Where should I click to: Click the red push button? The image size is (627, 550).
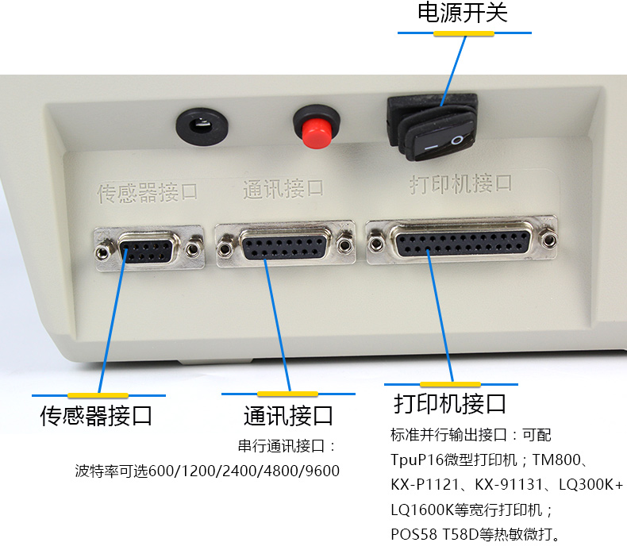coord(315,129)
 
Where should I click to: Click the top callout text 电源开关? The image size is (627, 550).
coord(463,13)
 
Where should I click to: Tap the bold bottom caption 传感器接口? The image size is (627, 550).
coord(97,416)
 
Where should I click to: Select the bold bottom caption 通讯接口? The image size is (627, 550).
coord(288,415)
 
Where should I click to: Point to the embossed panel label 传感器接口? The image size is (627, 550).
coord(147,191)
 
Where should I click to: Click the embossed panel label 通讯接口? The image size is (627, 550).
coord(283,189)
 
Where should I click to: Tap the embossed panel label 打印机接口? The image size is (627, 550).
coord(460,185)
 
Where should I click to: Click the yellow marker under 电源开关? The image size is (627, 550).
coord(464,33)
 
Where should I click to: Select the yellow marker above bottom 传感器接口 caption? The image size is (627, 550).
coord(98,395)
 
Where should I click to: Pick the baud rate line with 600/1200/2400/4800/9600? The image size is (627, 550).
coord(207,471)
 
